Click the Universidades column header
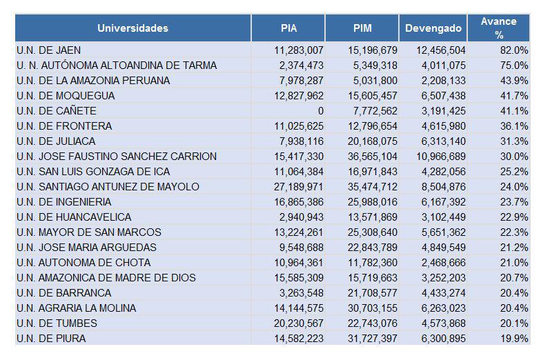132,28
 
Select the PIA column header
289,28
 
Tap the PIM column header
362,28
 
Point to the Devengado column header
433,28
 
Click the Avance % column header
499,28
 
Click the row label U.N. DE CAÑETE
57,111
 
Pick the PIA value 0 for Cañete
320,111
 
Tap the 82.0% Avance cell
515,50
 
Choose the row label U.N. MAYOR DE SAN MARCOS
89,232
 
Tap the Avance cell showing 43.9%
515,81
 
